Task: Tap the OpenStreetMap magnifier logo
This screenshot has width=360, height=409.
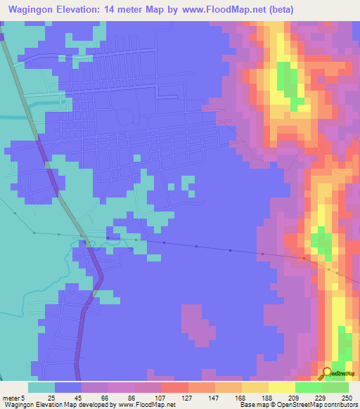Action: click(327, 373)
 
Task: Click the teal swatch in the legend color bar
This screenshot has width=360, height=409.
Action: click(41, 387)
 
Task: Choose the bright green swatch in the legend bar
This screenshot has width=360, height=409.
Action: click(308, 387)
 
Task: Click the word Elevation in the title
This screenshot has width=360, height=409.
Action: click(82, 9)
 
